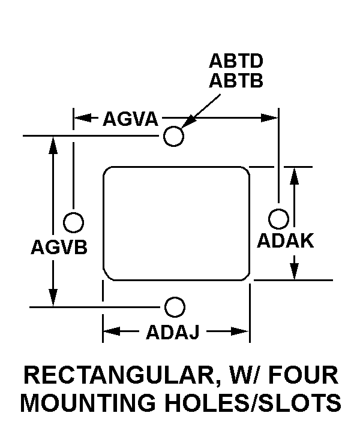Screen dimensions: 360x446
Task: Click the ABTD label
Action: pyautogui.click(x=236, y=61)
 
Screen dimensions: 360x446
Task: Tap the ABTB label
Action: pyautogui.click(x=236, y=80)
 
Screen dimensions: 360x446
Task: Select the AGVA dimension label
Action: pyautogui.click(x=130, y=119)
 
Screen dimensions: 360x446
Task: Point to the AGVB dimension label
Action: pyautogui.click(x=59, y=247)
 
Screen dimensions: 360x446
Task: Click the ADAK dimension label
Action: pyautogui.click(x=286, y=240)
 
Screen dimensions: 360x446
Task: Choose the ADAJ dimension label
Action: pyautogui.click(x=173, y=332)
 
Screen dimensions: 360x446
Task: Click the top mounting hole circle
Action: pyautogui.click(x=173, y=136)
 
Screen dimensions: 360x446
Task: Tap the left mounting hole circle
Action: pyautogui.click(x=73, y=222)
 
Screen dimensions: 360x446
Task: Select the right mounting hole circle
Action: pyautogui.click(x=278, y=219)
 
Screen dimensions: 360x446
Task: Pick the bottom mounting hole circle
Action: pyautogui.click(x=175, y=307)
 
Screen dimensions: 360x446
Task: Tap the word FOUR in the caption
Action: pyautogui.click(x=304, y=375)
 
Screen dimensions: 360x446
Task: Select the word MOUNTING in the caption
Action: pyautogui.click(x=88, y=403)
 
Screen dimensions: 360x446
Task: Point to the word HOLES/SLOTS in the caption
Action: pyautogui.click(x=253, y=403)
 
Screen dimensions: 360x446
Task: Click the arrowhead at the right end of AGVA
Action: pyautogui.click(x=269, y=117)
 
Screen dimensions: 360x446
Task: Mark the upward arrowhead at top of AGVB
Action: pyautogui.click(x=53, y=145)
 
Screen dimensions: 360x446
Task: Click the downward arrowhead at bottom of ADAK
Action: pyautogui.click(x=295, y=272)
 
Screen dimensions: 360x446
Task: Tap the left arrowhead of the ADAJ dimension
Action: pyautogui.click(x=112, y=332)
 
